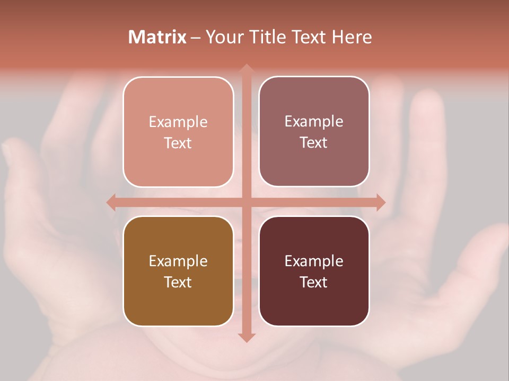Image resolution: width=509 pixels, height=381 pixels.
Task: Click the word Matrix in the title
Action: (x=157, y=37)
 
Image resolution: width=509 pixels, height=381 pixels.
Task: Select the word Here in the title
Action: (x=352, y=37)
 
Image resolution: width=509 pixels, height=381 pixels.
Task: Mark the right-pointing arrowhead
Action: (x=381, y=202)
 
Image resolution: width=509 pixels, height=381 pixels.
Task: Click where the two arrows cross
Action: (x=246, y=202)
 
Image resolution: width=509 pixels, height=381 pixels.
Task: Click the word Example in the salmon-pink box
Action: (x=178, y=122)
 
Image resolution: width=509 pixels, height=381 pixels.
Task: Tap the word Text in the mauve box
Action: (x=314, y=143)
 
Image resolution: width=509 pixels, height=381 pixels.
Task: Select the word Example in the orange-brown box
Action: (x=178, y=261)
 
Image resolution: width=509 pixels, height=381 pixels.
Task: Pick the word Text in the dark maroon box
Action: (x=314, y=282)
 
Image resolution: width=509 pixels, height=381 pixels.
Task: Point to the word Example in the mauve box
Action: (x=314, y=122)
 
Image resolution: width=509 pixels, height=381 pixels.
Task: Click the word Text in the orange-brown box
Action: (x=178, y=282)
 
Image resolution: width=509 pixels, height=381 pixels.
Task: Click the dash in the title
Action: (x=196, y=38)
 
